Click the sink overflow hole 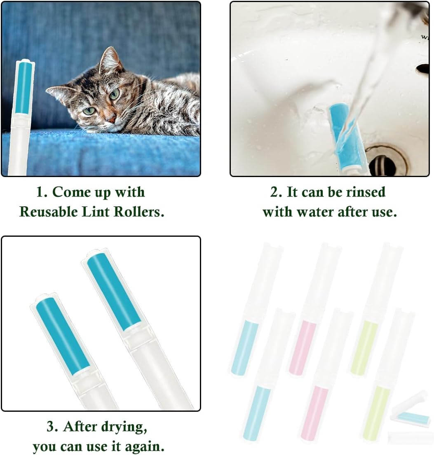tap(423, 68)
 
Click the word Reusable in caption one tap(49, 212)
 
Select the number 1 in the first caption tap(40, 192)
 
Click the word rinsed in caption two tap(365, 192)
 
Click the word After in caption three tap(80, 427)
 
